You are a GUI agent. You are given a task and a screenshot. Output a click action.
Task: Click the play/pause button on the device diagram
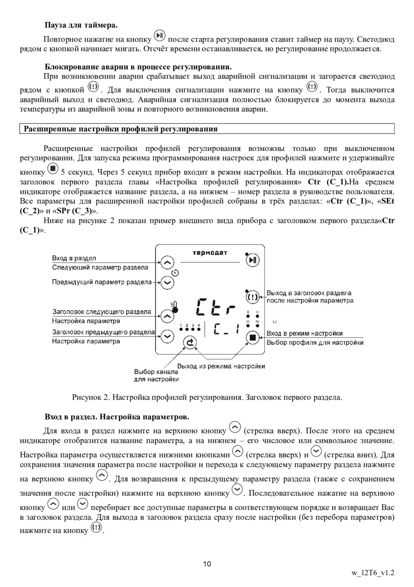point(253,261)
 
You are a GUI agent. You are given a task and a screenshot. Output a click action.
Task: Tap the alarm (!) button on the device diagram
point(253,297)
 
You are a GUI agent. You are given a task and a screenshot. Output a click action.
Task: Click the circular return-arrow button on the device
point(190,342)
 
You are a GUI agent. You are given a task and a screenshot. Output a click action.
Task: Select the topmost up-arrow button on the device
point(167,262)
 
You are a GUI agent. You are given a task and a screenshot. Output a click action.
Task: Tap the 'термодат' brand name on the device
point(209,252)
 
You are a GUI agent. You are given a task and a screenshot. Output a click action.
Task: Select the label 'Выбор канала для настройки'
point(156,376)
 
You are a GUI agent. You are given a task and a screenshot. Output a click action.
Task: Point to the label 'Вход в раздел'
point(74,258)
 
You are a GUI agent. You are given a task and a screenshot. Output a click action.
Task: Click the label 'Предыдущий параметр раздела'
point(102,282)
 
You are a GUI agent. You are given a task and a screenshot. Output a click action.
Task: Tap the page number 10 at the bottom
point(207,564)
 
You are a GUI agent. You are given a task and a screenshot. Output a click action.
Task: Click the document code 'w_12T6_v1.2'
point(373,573)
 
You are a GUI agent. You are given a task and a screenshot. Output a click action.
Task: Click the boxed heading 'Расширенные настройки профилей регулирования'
point(121,129)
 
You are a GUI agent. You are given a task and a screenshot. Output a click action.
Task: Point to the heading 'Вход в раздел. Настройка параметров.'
point(117,417)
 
